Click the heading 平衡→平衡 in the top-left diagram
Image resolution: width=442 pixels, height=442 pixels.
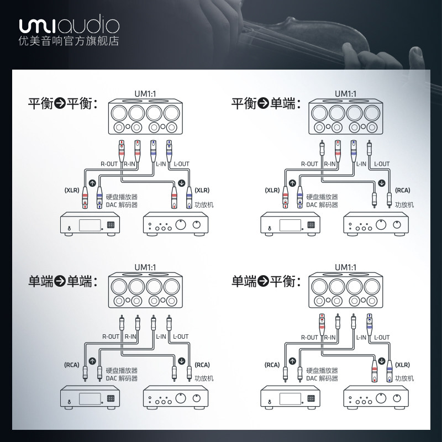click(63, 103)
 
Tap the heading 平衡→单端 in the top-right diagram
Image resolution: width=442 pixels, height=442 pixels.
click(266, 103)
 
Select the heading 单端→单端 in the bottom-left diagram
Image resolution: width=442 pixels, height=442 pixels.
click(63, 281)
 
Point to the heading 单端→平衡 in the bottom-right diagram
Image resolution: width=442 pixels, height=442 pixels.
click(266, 281)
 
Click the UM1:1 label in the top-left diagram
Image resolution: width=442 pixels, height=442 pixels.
click(145, 93)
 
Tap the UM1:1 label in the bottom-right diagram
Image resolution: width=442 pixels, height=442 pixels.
click(346, 267)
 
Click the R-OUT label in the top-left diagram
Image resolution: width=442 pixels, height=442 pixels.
click(109, 164)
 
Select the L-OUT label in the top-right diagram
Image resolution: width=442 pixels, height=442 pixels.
click(382, 164)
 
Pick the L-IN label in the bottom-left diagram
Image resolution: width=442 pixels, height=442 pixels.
click(161, 336)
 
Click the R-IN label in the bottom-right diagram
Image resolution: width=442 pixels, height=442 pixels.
click(330, 338)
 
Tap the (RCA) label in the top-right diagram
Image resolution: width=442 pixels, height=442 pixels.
click(403, 190)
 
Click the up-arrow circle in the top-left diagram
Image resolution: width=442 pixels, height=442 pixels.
click(92, 183)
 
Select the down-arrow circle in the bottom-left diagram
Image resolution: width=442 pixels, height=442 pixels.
click(182, 361)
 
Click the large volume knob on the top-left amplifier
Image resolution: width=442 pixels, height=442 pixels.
click(181, 224)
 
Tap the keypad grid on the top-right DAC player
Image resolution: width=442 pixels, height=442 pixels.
click(311, 225)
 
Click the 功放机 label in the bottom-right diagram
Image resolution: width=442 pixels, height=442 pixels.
click(404, 378)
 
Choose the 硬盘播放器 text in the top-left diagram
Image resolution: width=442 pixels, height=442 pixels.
click(122, 197)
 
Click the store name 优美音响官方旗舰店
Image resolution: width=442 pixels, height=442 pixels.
click(69, 41)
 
